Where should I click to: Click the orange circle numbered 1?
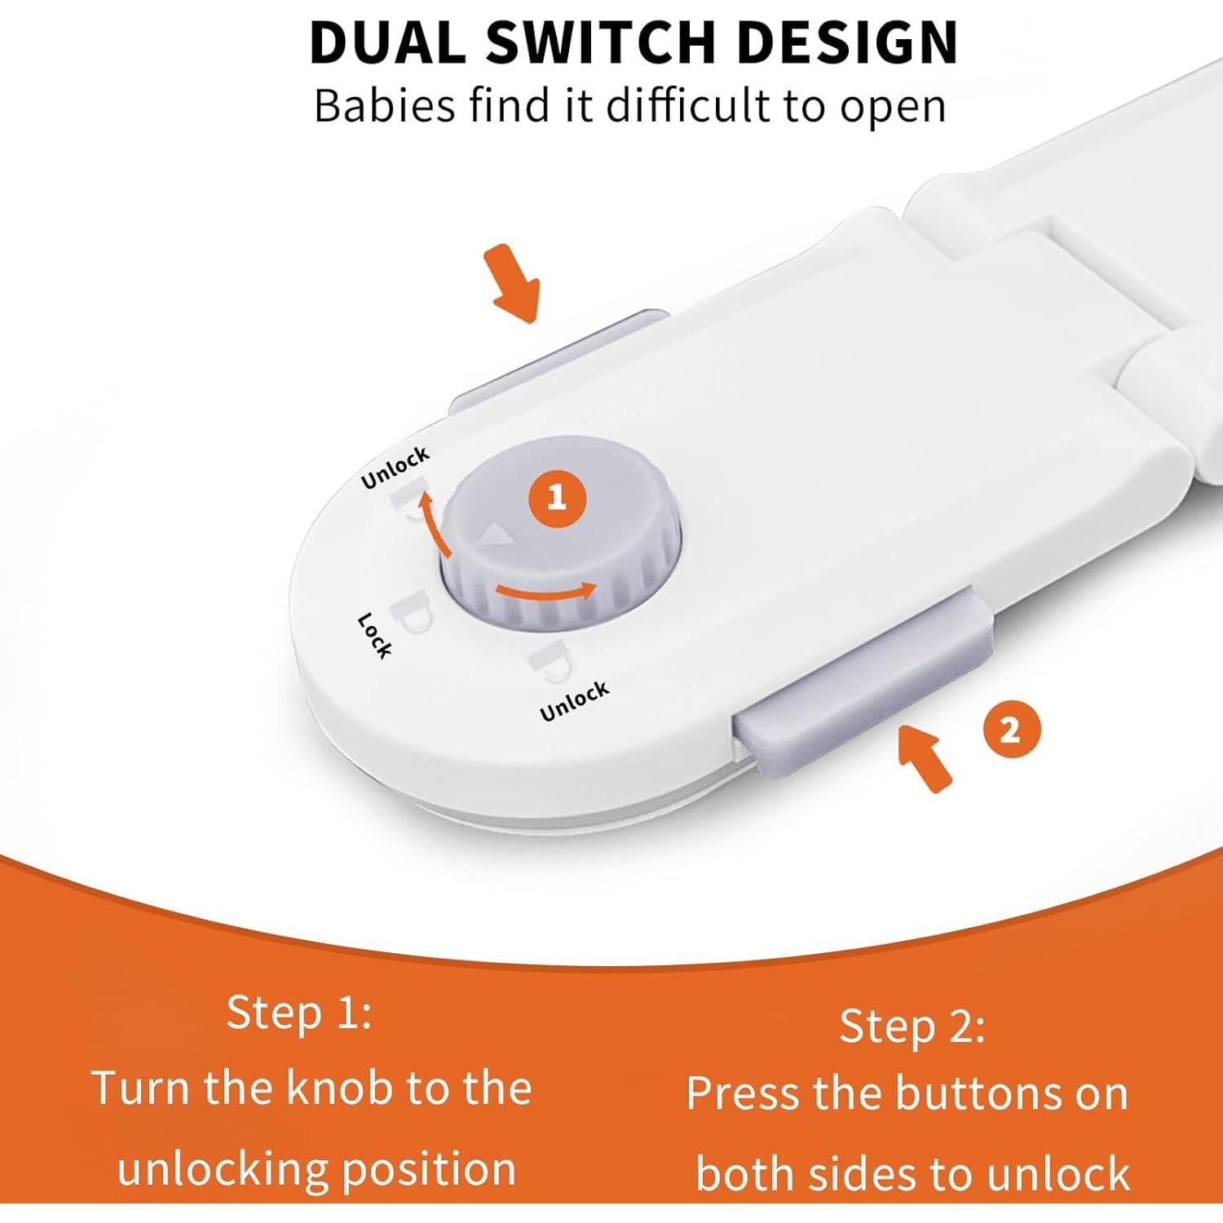click(557, 497)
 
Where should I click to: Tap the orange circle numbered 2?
click(1010, 730)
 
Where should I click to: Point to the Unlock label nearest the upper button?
click(395, 468)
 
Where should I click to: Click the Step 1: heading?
click(299, 1013)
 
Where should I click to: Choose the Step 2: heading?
click(912, 1026)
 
